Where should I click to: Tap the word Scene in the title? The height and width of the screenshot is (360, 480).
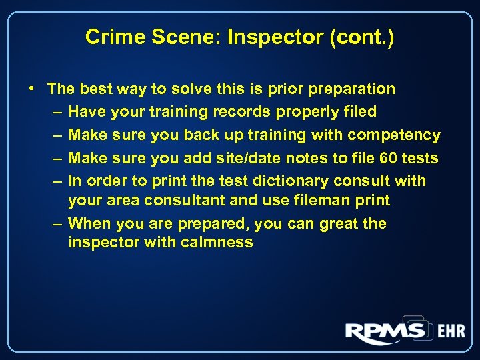coord(175,37)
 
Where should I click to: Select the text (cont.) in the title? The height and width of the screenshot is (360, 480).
coord(361,37)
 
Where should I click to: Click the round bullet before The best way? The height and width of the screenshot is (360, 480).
coord(32,89)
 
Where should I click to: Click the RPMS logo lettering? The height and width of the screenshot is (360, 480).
coord(385,331)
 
